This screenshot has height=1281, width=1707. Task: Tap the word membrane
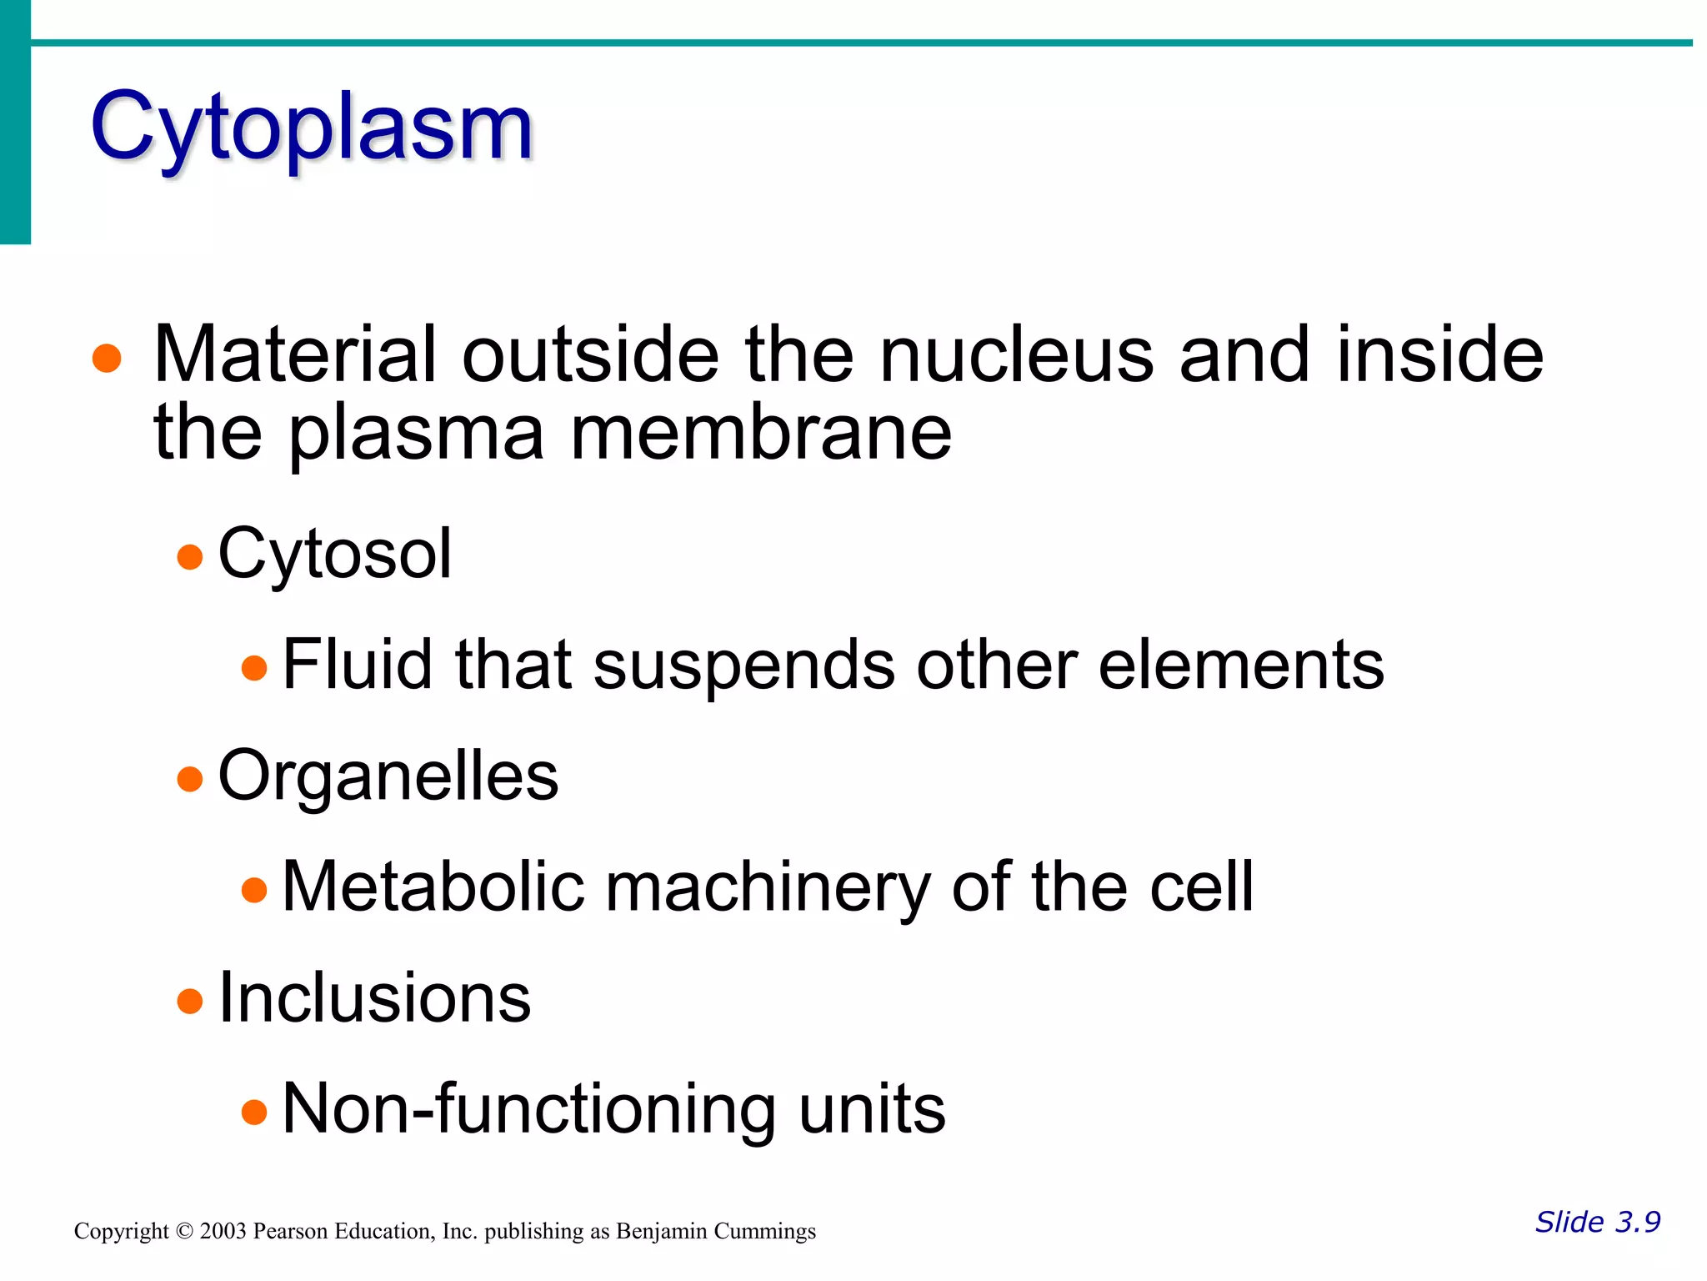[760, 434]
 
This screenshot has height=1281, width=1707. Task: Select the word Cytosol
[334, 555]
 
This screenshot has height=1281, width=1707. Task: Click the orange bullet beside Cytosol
[190, 556]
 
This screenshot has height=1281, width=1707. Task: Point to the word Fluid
[358, 665]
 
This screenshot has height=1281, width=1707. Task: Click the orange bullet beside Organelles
[190, 779]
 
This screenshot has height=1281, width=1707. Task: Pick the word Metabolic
[433, 887]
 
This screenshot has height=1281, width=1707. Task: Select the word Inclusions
[374, 998]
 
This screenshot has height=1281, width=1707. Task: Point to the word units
[872, 1110]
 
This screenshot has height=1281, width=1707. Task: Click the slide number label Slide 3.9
[1597, 1222]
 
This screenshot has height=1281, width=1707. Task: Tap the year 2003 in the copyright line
[223, 1232]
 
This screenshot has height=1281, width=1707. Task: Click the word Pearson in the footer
[290, 1232]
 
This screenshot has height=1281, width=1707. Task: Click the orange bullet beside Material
[107, 359]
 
